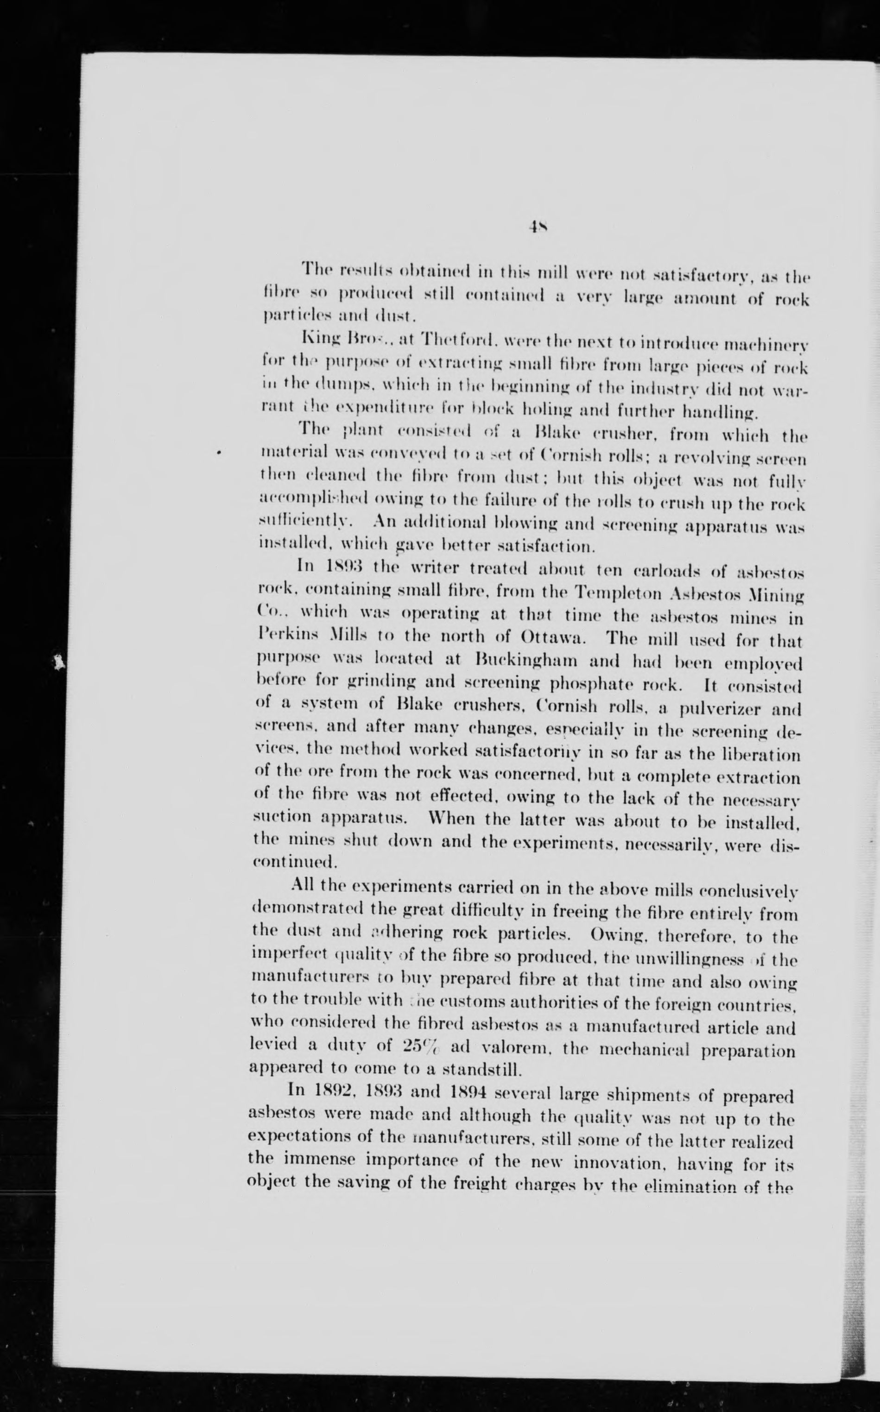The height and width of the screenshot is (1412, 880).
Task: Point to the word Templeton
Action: coord(620,595)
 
